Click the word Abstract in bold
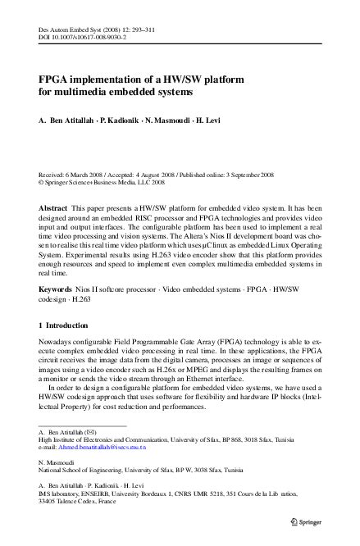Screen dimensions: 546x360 [54, 209]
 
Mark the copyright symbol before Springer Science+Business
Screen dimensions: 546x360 [41, 184]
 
